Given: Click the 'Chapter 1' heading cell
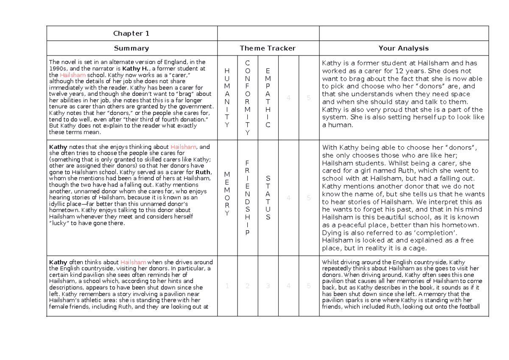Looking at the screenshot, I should click(131, 33).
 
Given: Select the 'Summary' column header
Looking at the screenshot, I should click(131, 48).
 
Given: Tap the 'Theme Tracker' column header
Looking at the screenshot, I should click(268, 48).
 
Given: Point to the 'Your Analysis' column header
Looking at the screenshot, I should click(403, 48).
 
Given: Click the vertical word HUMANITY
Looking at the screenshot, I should click(227, 98).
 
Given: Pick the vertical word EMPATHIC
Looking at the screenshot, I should click(268, 98).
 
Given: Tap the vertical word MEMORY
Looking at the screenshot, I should click(227, 194).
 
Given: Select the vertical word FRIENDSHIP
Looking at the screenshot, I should click(248, 198).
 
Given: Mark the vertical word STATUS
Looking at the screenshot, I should click(268, 198).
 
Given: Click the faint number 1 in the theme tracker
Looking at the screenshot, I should click(227, 286).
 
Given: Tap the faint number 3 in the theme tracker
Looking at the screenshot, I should click(268, 286).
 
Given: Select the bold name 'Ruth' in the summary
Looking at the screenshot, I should click(203, 173).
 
